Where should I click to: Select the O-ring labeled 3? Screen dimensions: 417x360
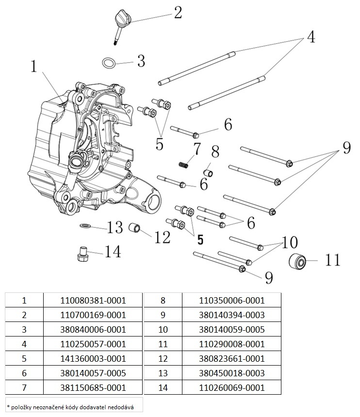click(109, 63)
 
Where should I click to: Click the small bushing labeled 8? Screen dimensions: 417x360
click(208, 172)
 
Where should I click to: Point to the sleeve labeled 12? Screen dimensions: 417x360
click(135, 227)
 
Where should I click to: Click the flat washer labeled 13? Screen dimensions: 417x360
click(86, 226)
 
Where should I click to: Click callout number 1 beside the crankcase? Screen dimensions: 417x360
click(33, 66)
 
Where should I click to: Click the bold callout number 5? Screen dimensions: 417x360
click(199, 239)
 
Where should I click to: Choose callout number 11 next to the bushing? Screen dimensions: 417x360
click(332, 260)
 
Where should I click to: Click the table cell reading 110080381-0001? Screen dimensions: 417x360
click(93, 300)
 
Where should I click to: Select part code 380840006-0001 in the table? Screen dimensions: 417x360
click(93, 329)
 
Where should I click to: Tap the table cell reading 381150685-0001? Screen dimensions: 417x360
click(93, 388)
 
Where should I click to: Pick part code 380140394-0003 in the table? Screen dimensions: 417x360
click(231, 315)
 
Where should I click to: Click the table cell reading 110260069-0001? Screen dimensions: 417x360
click(231, 388)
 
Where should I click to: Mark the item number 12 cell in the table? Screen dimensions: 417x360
click(163, 359)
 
